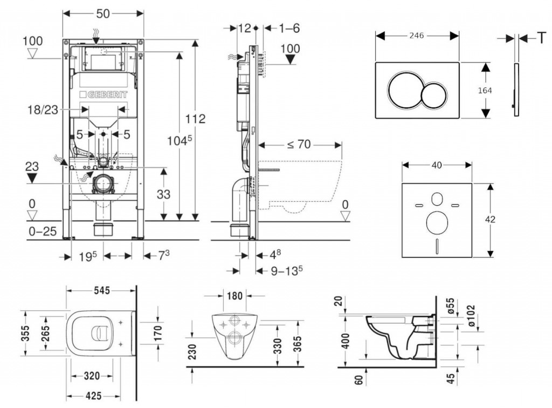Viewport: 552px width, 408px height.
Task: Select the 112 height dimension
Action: click(x=195, y=119)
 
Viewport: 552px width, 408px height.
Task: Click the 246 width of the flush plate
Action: click(x=416, y=36)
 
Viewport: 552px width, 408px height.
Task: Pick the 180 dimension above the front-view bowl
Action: click(x=234, y=296)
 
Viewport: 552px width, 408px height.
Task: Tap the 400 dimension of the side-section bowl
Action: click(x=347, y=340)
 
